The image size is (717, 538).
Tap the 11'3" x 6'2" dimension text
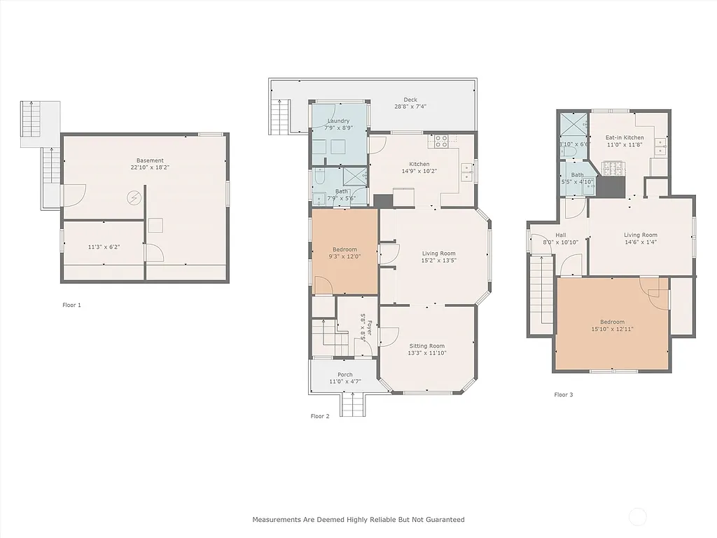tap(104, 247)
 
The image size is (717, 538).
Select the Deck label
tap(410, 99)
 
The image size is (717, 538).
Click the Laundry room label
tap(338, 121)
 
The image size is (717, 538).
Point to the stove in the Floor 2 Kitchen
tap(441, 141)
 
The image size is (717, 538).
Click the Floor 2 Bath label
tap(341, 191)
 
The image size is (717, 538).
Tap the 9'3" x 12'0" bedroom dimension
tap(344, 256)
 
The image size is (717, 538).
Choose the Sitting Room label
tap(426, 346)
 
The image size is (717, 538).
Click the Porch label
tap(344, 375)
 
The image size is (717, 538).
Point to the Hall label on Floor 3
tap(561, 235)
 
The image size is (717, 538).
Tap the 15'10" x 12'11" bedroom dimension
tap(612, 329)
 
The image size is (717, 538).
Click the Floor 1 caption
tap(71, 305)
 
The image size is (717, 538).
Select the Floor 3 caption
tap(563, 395)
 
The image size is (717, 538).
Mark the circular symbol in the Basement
tap(133, 198)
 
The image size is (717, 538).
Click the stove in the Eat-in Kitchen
tap(613, 168)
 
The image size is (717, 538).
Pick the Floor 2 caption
tap(319, 416)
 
